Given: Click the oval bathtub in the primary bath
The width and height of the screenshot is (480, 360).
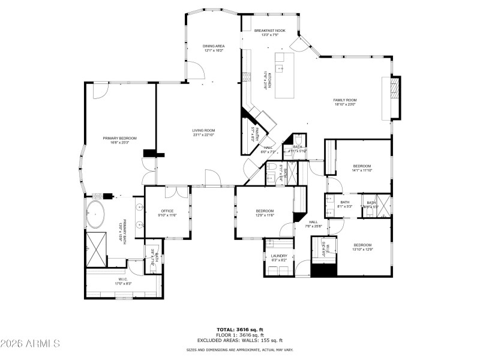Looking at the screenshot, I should point(95,214).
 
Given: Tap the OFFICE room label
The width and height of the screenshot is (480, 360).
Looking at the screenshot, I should point(167,211).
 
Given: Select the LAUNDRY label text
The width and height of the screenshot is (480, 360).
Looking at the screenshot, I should point(279,256).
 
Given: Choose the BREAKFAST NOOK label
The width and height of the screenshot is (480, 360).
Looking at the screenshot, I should point(269,30).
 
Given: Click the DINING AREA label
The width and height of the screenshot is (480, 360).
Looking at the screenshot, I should point(213,46).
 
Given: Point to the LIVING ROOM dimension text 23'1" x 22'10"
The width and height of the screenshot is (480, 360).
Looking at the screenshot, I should point(204,135).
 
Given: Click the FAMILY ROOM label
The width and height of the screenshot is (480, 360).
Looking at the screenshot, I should point(345,100).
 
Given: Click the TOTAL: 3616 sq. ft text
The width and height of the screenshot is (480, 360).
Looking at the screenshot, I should point(240,329).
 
